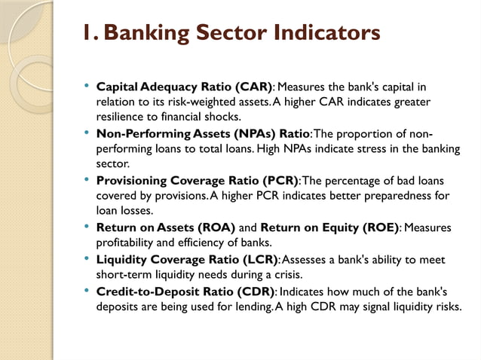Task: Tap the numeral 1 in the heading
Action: pos(87,34)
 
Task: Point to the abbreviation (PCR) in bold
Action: pos(274,182)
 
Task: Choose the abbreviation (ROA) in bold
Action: pos(214,228)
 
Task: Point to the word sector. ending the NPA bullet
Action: pos(111,163)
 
